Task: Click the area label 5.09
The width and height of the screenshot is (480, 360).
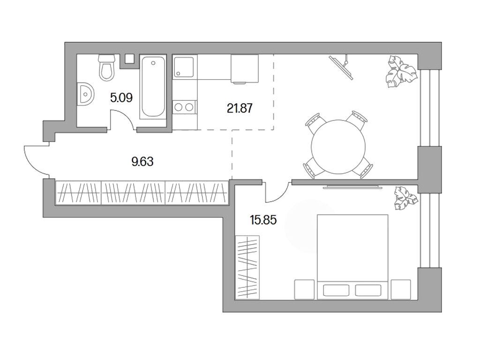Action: click(x=121, y=98)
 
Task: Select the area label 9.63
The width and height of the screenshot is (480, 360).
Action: click(x=142, y=162)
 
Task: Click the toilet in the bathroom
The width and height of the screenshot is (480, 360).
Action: click(x=107, y=67)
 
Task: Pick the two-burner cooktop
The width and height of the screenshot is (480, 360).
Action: click(x=183, y=107)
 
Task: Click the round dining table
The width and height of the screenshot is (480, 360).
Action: click(x=338, y=145)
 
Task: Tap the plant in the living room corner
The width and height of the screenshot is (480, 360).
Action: click(x=399, y=72)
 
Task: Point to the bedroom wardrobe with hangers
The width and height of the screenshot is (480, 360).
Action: click(x=247, y=266)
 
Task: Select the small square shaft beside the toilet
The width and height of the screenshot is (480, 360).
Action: click(x=129, y=59)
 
